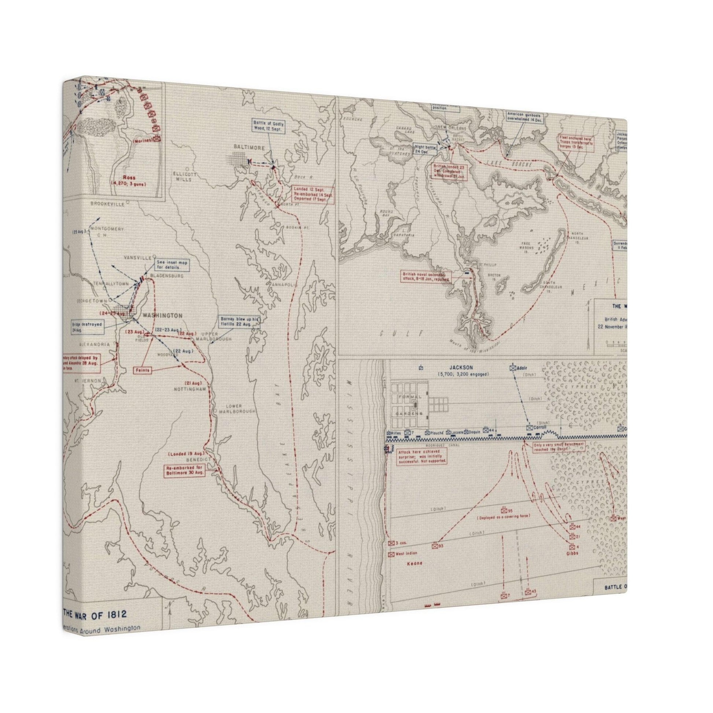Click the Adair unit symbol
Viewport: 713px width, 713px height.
(x=513, y=367)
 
